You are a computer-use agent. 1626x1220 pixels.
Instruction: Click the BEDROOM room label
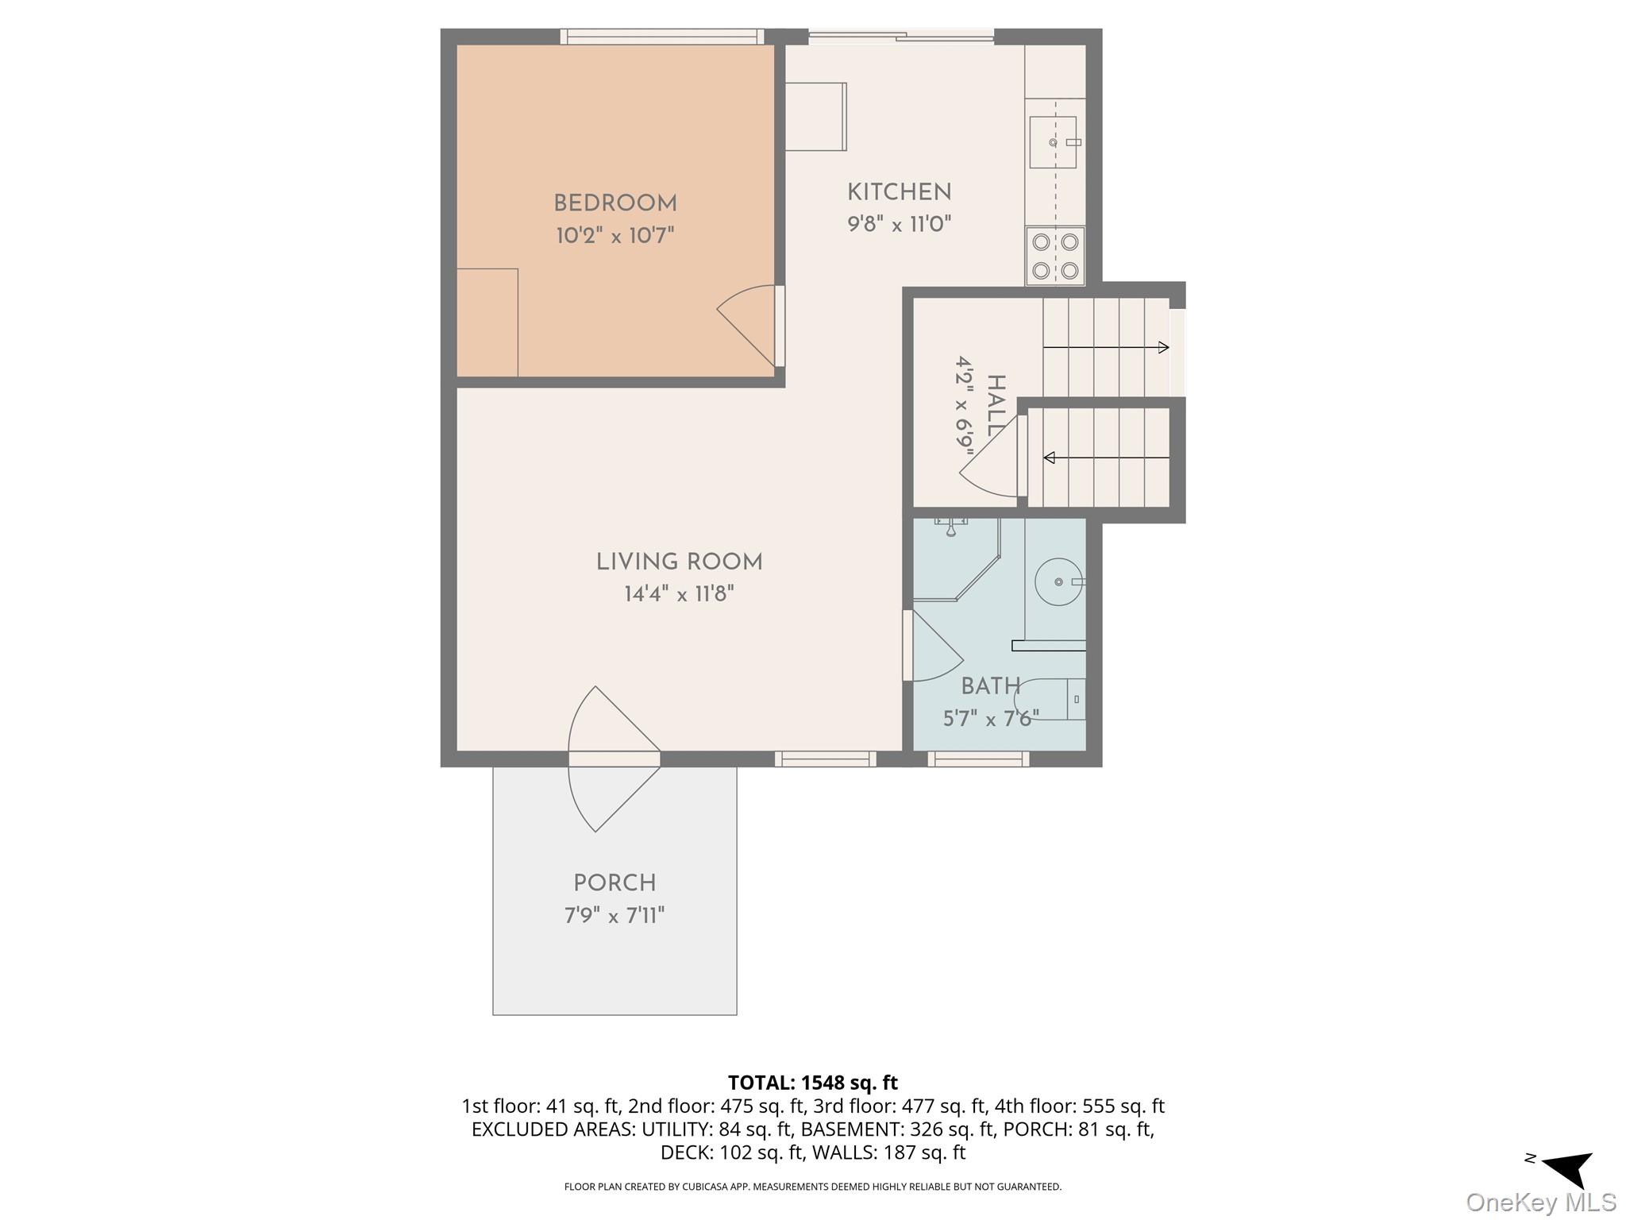[615, 204]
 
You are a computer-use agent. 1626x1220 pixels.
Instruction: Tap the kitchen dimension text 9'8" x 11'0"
[899, 225]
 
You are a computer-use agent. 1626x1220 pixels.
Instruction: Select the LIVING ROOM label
[679, 562]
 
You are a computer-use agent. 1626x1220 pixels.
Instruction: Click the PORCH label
[615, 883]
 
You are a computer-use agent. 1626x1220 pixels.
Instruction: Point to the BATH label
[990, 686]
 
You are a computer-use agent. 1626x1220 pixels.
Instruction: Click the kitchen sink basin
[1052, 143]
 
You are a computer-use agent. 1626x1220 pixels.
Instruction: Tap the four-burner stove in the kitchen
[1055, 256]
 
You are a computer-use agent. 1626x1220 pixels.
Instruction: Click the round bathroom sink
[1058, 582]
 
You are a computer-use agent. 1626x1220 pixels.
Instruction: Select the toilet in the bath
[1052, 700]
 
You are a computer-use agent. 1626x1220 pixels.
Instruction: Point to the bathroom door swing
[935, 647]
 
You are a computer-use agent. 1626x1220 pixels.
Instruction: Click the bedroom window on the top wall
[661, 37]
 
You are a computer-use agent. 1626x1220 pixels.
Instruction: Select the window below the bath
[978, 759]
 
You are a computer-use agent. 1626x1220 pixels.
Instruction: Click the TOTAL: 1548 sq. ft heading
[812, 1083]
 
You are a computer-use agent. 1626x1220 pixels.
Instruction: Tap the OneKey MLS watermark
[1540, 1203]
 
